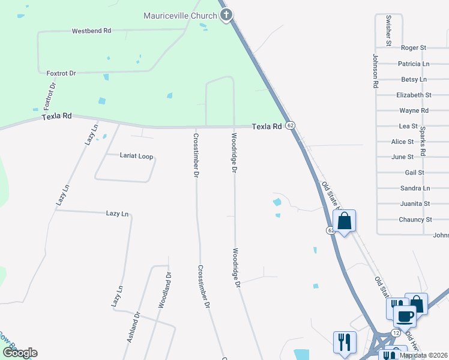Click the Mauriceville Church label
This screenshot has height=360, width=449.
pyautogui.click(x=180, y=16)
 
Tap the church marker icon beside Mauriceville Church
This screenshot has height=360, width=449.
pyautogui.click(x=226, y=15)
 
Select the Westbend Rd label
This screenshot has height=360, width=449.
pyautogui.click(x=91, y=31)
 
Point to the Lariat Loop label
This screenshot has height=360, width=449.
pyautogui.click(x=136, y=156)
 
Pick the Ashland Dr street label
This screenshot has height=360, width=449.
pyautogui.click(x=133, y=326)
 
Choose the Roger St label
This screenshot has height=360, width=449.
pyautogui.click(x=413, y=47)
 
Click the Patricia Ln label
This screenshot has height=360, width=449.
pyautogui.click(x=414, y=64)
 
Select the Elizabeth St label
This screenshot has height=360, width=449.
pyautogui.click(x=414, y=95)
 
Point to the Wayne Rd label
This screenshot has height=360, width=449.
pyautogui.click(x=414, y=110)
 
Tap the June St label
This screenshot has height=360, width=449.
pyautogui.click(x=402, y=157)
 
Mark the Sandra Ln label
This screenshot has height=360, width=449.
pyautogui.click(x=415, y=188)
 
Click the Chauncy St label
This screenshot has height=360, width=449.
pyautogui.click(x=415, y=220)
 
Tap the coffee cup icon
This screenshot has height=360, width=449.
pyautogui.click(x=405, y=316)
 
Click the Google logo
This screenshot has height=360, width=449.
pyautogui.click(x=20, y=353)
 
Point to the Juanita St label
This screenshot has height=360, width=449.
pyautogui.click(x=415, y=203)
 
